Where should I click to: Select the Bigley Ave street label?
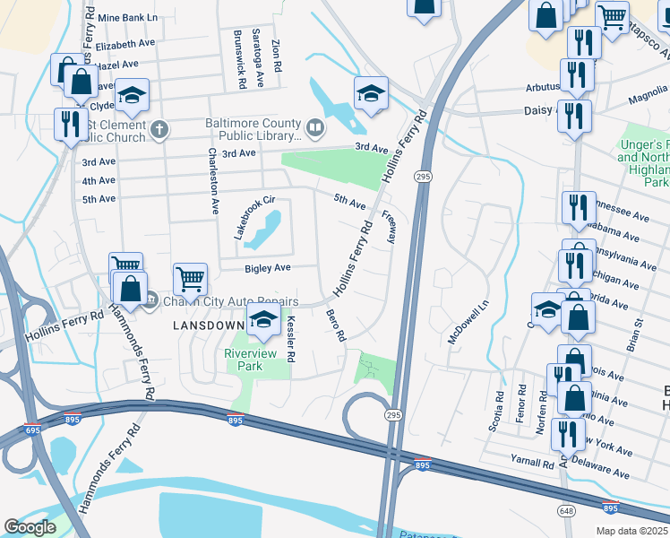tap(269, 268)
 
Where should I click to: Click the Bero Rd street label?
tap(336, 325)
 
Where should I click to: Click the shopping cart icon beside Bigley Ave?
tap(190, 280)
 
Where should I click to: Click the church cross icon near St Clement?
tap(159, 131)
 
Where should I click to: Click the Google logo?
tap(30, 527)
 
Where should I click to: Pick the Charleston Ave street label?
tap(214, 180)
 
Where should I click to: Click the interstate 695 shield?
tap(32, 432)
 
